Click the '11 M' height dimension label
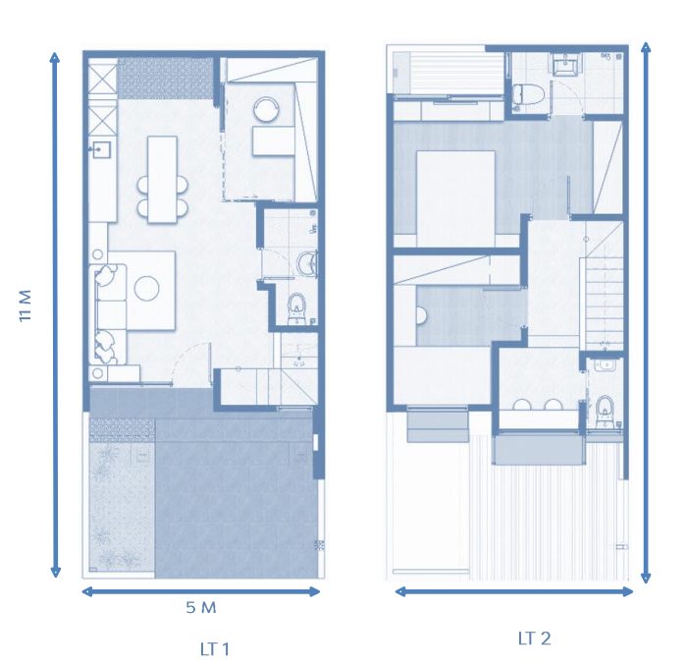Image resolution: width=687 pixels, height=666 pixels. (x=26, y=305)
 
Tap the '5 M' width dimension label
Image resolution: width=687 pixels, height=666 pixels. (x=201, y=608)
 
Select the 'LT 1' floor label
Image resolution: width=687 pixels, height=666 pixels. (x=215, y=649)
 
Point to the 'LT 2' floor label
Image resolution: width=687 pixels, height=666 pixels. (x=535, y=638)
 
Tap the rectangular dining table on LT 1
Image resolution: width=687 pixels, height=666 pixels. (x=162, y=180)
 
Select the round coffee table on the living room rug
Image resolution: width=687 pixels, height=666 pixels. (x=147, y=288)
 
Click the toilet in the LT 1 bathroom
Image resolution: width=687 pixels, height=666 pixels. (x=297, y=308)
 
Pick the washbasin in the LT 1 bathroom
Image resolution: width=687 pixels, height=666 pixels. (x=308, y=264)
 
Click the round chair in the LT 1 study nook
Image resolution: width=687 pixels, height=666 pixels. (x=266, y=109)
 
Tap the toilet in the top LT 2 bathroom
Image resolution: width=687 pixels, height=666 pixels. (x=528, y=94)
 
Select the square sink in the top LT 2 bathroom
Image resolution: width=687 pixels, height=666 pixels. (x=566, y=65)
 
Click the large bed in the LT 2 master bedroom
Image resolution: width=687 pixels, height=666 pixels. (x=455, y=198)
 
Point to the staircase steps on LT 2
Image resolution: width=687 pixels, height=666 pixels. (x=605, y=304)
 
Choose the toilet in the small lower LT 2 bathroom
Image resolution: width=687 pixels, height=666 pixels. (x=606, y=411)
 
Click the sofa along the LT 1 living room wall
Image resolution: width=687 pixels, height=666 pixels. (x=108, y=314)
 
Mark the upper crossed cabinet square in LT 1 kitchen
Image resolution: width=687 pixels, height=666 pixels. (x=103, y=79)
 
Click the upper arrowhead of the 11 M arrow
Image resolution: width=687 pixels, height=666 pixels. (x=55, y=59)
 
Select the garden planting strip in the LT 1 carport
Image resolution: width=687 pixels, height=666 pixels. (x=122, y=504)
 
